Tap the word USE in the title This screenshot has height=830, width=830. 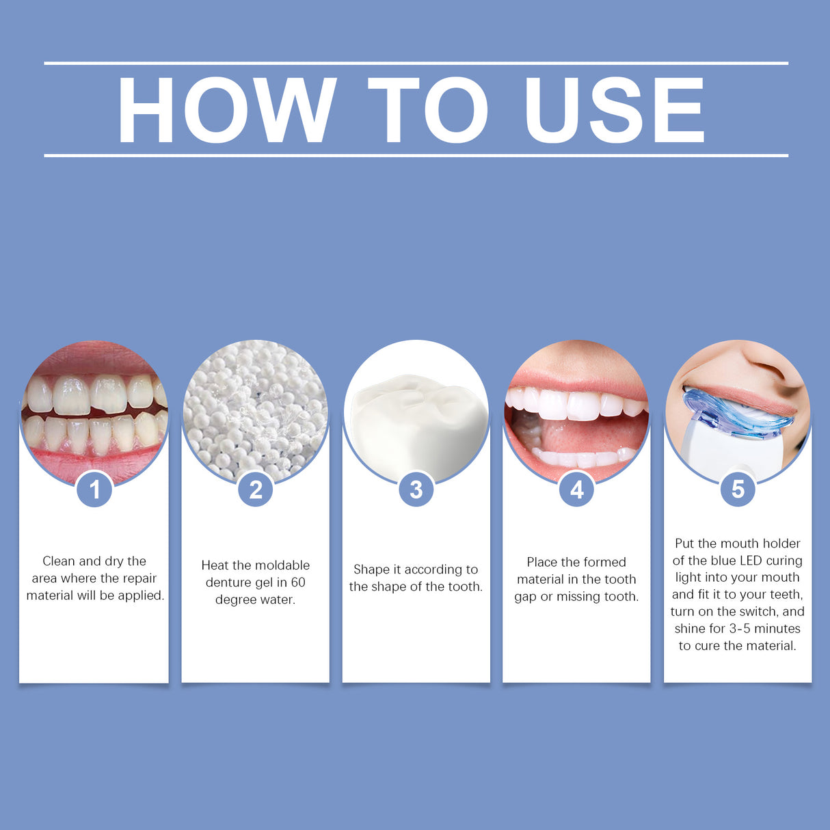pos(614,110)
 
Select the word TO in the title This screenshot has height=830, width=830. pos(429,110)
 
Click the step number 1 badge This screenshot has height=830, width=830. pos(94,490)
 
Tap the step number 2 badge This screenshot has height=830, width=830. pos(256,490)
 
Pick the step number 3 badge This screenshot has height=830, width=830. pos(416,490)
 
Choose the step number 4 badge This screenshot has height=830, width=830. pos(577,490)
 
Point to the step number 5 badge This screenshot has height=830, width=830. pos(738,490)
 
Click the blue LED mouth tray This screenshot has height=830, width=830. pos(732,414)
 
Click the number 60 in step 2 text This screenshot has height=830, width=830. pos(298,583)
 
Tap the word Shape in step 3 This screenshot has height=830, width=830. pos(371,570)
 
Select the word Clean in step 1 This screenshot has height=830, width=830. pos(59,561)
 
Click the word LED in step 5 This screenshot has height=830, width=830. pos(751,561)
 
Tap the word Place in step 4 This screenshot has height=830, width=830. pos(541,562)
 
